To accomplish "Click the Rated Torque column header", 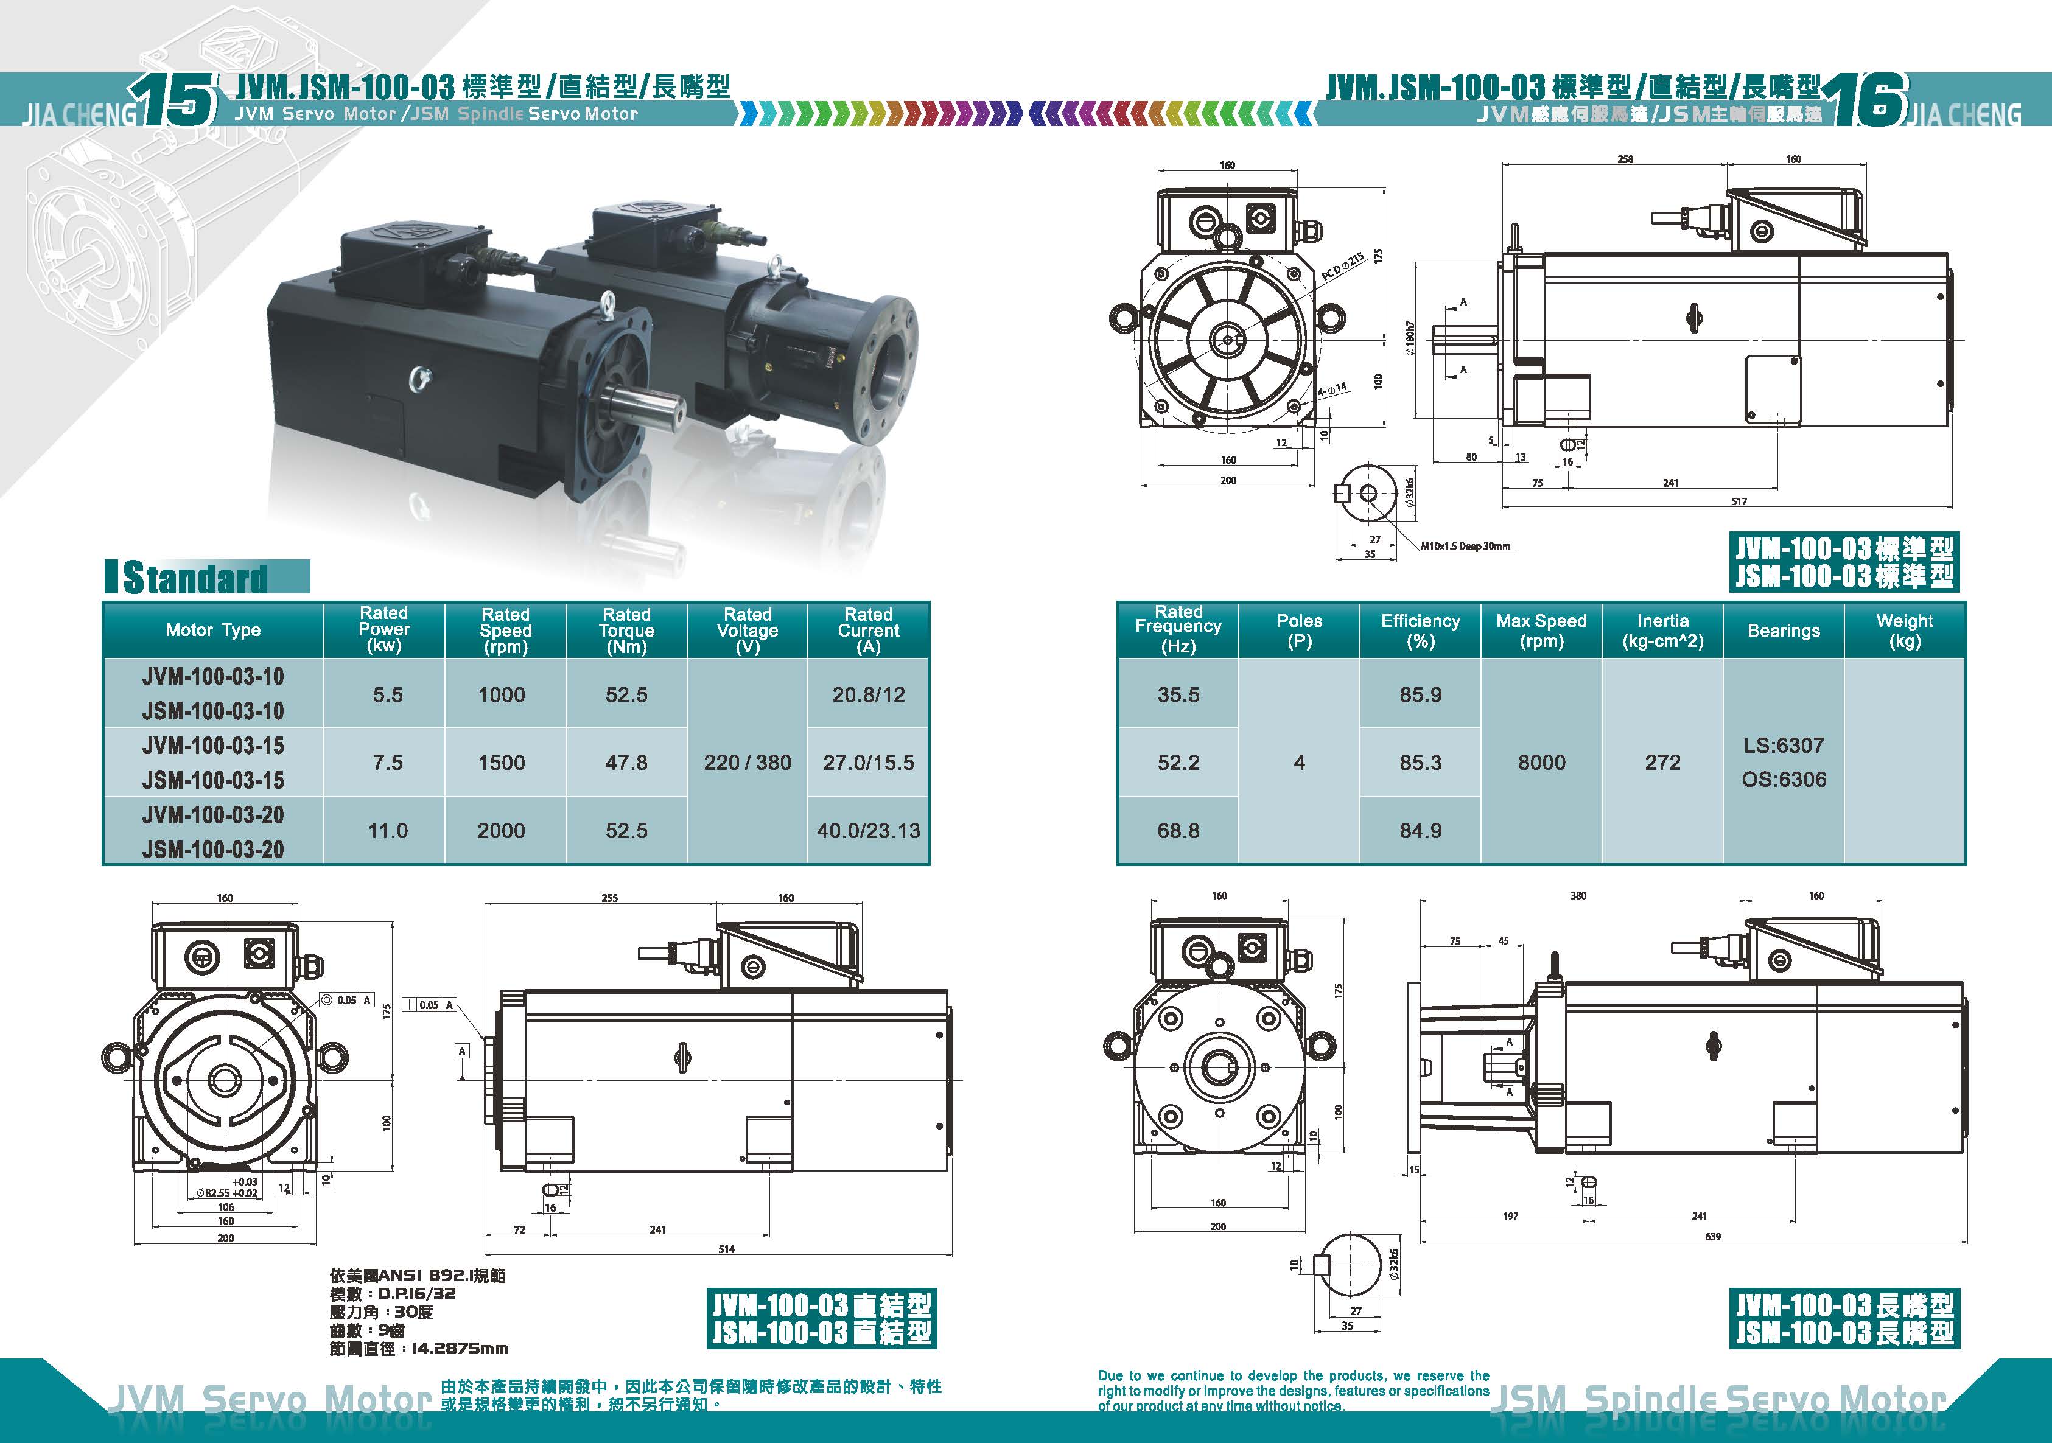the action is point(626,630).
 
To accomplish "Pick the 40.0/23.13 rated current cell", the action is point(868,831).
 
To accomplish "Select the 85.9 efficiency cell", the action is point(1420,695).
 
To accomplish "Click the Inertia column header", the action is point(1662,631).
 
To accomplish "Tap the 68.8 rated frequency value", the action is point(1178,831).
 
